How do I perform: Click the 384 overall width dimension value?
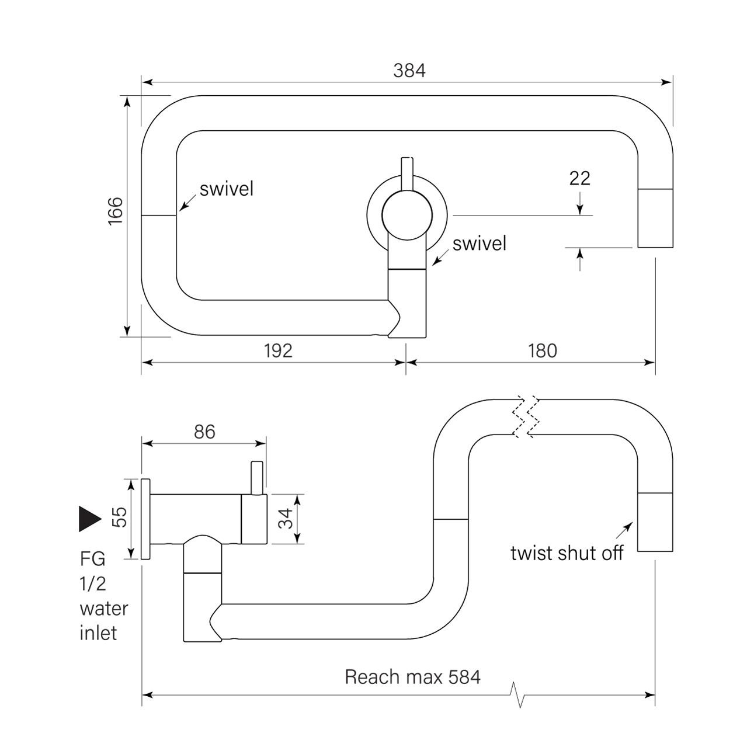[409, 71]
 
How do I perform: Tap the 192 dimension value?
[277, 350]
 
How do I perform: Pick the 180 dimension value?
[542, 350]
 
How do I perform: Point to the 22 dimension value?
[579, 178]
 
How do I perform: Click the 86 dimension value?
[204, 432]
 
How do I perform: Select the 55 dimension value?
[119, 517]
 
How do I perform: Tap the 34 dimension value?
[285, 519]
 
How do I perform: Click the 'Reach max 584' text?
[412, 677]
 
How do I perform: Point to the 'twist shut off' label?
[567, 553]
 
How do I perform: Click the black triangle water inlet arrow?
[90, 518]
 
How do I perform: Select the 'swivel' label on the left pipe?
[227, 189]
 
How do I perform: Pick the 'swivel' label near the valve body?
[479, 244]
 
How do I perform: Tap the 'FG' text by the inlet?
[92, 559]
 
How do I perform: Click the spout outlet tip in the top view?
[655, 218]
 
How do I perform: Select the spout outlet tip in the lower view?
[655, 522]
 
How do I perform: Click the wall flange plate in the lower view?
[146, 519]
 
